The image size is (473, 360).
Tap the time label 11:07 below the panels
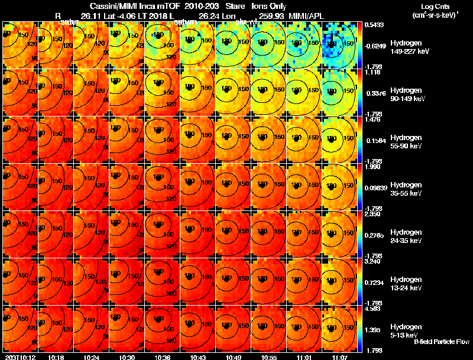pos(339,357)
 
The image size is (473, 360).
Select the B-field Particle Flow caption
pos(441,342)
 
